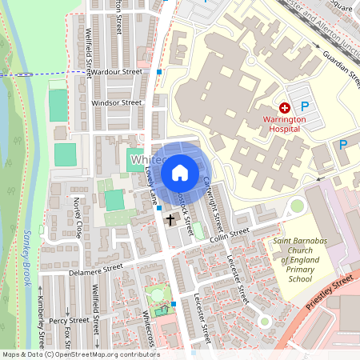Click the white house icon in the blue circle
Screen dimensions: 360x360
coord(180,173)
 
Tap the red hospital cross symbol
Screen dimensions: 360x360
coord(285,107)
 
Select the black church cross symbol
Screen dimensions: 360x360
coord(170,218)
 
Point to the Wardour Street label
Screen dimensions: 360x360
coord(117,71)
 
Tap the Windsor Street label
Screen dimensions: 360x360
coord(117,103)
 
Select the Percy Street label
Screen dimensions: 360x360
coord(68,321)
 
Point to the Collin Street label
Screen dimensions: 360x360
coord(230,234)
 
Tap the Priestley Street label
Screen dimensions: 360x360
coord(330,293)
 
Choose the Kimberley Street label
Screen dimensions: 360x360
coord(42,330)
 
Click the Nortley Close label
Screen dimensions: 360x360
coord(78,214)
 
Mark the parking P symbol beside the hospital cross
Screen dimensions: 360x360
coord(304,106)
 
